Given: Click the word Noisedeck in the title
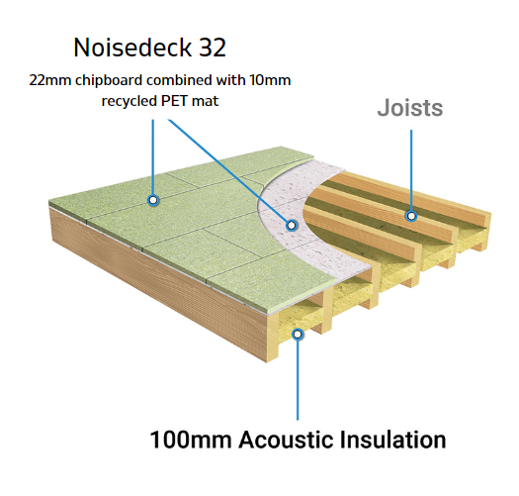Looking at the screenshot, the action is click(x=132, y=48).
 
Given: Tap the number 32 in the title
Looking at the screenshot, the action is click(x=213, y=48).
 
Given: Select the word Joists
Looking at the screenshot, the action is click(x=410, y=108).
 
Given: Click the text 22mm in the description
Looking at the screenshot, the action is click(x=50, y=80).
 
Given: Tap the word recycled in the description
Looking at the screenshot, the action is click(x=130, y=101).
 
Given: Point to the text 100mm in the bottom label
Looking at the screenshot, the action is click(x=191, y=440).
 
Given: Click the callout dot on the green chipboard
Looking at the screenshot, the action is click(x=153, y=200).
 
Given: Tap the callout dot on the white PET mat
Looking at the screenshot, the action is click(x=292, y=226).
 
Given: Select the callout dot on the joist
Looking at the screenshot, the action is click(x=411, y=216).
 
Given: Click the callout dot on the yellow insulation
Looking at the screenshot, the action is click(x=298, y=335).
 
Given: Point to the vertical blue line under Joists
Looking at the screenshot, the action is click(x=411, y=170).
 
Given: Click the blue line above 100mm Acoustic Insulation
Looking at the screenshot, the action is click(x=298, y=380).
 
